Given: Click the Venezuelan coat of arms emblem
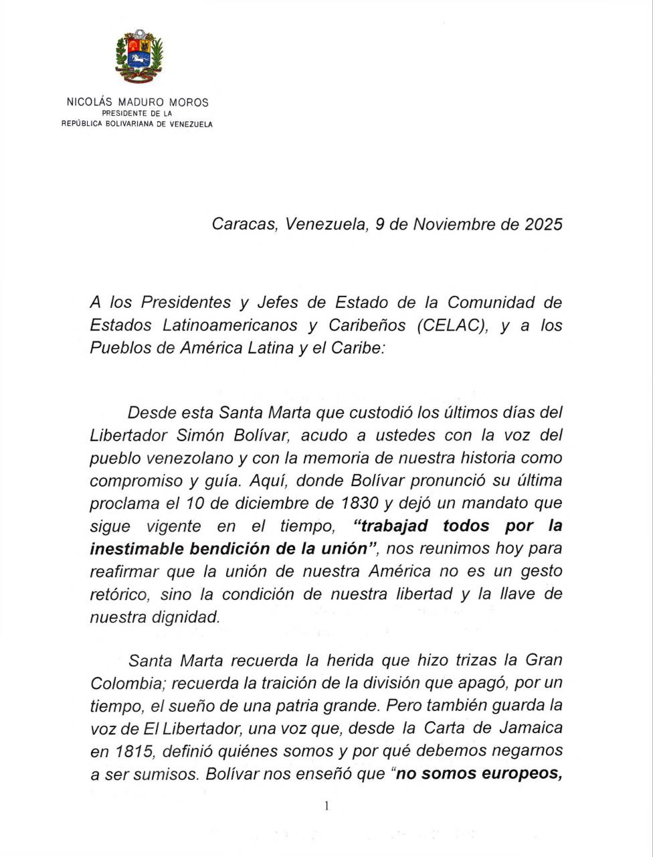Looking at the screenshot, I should [x=139, y=58].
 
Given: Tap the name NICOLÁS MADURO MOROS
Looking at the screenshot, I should [x=137, y=103].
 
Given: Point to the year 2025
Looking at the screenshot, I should [x=543, y=224].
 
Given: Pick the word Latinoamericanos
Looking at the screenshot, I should [x=229, y=325].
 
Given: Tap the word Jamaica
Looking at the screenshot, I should [x=531, y=728].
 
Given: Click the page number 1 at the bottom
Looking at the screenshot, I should [x=326, y=806].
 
